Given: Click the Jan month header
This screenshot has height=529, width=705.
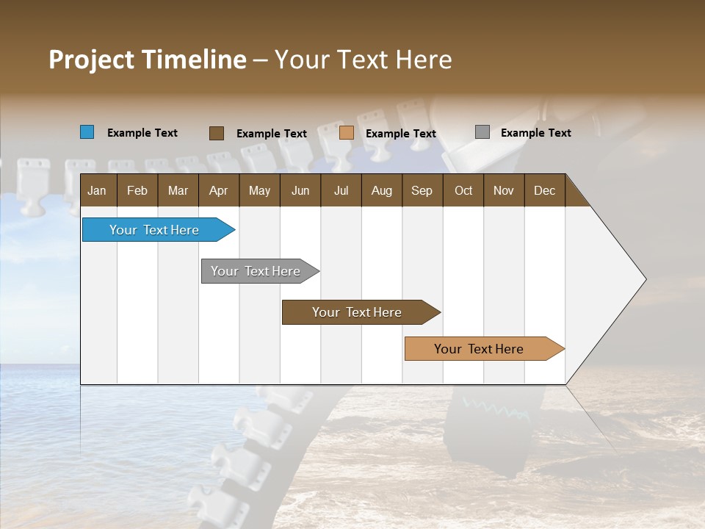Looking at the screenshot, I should (97, 190).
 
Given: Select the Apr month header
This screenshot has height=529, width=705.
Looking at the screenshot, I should (218, 190).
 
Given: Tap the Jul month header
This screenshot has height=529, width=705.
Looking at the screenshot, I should (341, 190).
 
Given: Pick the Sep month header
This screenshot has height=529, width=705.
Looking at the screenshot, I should (422, 190).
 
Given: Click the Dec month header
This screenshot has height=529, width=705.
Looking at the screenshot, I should (544, 190).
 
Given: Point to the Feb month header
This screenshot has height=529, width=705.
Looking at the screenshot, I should (137, 190).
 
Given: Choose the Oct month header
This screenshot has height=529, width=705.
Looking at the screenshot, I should (463, 190).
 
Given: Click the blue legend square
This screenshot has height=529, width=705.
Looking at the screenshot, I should (87, 132).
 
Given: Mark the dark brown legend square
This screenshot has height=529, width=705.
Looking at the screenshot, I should (217, 133).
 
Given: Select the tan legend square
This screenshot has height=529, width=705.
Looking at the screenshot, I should (347, 133).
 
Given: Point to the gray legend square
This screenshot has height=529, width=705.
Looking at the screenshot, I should (482, 132).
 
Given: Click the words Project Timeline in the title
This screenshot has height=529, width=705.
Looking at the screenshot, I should (148, 60).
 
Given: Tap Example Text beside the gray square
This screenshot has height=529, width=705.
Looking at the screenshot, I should (535, 133).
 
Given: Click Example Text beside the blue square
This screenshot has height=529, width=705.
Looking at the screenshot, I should (142, 133).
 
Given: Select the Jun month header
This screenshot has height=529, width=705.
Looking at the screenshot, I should (300, 190).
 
